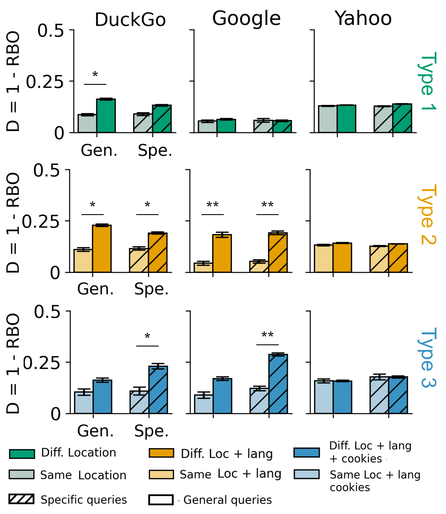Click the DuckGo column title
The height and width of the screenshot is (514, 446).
[130, 20]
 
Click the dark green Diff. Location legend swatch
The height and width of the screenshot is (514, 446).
[22, 454]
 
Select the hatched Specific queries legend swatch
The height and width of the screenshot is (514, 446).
[21, 499]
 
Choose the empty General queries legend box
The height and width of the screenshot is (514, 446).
[161, 500]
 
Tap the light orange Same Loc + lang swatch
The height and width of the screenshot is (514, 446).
[161, 474]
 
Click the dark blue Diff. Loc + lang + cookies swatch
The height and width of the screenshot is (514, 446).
[306, 452]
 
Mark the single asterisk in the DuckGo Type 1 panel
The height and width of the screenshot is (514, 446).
[95, 74]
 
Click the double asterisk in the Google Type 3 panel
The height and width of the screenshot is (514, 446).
[267, 335]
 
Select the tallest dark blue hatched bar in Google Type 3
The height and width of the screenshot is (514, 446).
[278, 384]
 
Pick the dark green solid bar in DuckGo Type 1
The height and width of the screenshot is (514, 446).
[106, 116]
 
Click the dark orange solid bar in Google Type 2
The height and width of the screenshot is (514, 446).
[222, 253]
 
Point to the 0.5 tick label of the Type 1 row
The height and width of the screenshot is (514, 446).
[50, 31]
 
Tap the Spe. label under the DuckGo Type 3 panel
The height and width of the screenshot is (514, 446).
[151, 431]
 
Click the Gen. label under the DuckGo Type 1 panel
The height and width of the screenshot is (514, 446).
[99, 150]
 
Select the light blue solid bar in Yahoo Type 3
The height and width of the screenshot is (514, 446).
[324, 397]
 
